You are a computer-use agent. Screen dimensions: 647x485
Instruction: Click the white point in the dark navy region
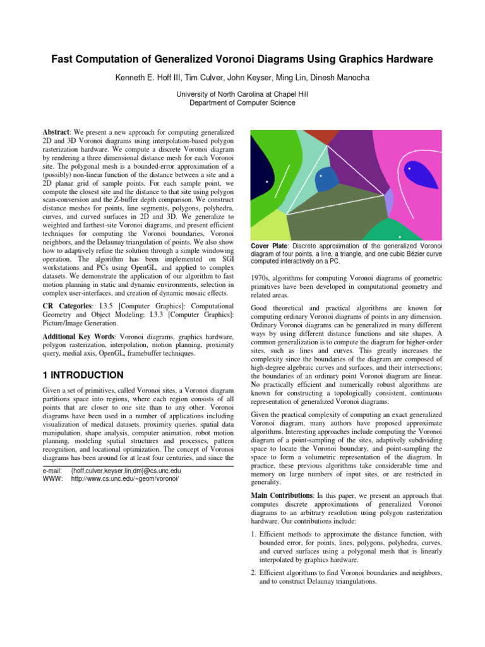(267, 182)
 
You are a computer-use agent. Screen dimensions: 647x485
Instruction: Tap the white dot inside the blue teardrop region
(409, 169)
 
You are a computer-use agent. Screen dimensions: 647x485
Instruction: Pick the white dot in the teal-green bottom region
(399, 236)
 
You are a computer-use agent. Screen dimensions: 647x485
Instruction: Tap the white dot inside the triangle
(321, 176)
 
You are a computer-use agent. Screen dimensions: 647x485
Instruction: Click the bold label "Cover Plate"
(270, 245)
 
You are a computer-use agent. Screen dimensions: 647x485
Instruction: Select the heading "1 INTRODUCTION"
(83, 375)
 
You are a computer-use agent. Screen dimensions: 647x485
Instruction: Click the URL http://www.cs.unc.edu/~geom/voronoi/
(126, 479)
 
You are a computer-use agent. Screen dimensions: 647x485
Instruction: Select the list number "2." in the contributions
(254, 573)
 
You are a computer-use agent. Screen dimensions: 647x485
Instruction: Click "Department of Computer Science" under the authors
(242, 102)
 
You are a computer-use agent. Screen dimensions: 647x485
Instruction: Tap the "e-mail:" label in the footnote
(52, 471)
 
